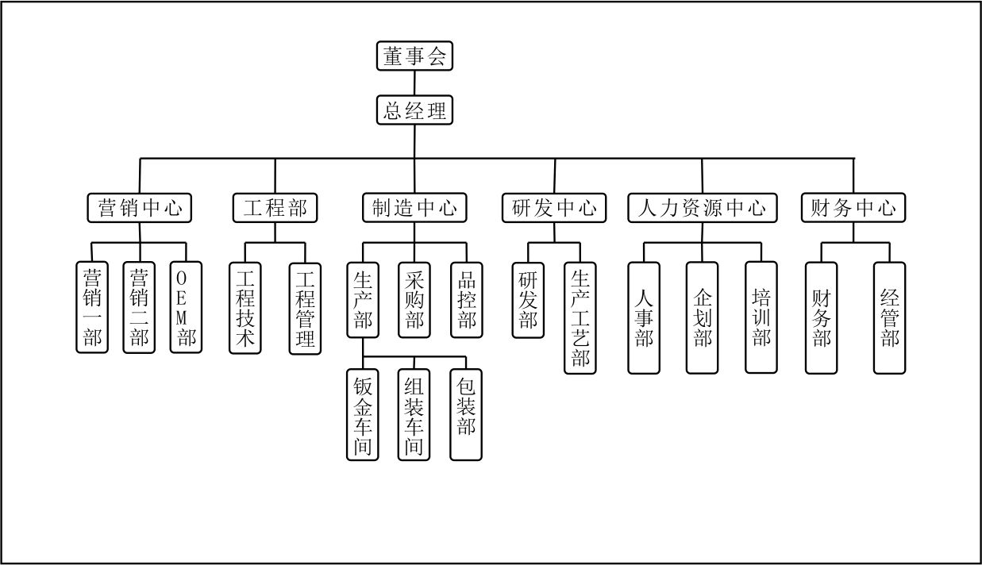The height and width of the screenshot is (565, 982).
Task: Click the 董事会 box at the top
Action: point(414,57)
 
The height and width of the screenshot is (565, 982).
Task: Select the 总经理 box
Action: point(414,110)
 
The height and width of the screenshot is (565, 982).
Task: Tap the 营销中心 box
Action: point(140,208)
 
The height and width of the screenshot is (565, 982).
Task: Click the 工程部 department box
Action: point(275,208)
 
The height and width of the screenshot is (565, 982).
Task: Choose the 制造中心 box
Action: point(414,208)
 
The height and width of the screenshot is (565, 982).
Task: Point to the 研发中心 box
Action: point(554,208)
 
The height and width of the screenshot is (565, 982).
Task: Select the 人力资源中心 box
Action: point(702,208)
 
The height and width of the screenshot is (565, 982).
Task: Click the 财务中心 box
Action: point(853,208)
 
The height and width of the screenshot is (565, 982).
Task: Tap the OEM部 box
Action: point(187,308)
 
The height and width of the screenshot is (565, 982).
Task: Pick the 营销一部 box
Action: point(92,308)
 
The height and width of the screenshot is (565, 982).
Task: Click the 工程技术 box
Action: point(245,308)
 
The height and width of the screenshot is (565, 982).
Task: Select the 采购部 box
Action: point(414,300)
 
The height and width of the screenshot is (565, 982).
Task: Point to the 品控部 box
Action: point(466,300)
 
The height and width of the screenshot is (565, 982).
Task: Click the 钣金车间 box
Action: point(362,413)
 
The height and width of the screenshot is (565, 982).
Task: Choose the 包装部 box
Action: point(466,413)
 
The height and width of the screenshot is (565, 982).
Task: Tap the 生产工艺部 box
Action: point(580,317)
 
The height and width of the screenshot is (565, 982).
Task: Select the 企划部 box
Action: point(703,317)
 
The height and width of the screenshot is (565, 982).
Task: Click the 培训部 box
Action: point(761,317)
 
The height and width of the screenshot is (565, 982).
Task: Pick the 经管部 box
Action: point(889,317)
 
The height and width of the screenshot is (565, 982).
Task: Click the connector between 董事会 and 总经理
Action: point(414,83)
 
